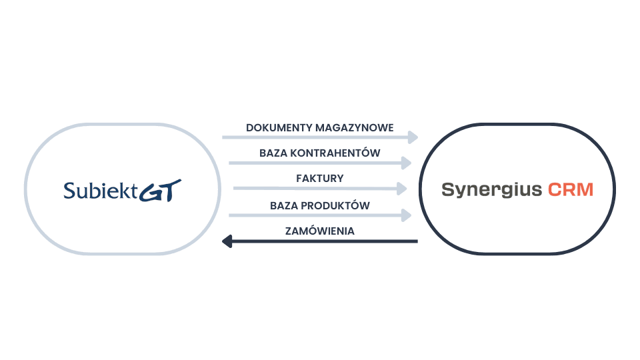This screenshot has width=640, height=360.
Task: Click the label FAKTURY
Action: tap(320, 179)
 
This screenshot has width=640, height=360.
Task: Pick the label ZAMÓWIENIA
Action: tap(320, 231)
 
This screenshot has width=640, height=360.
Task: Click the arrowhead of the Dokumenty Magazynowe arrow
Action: tap(413, 137)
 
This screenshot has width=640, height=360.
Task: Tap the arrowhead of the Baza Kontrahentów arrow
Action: tap(407, 162)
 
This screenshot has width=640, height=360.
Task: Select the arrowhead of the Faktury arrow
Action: tap(402, 189)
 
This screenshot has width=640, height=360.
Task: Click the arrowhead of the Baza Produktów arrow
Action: tap(407, 215)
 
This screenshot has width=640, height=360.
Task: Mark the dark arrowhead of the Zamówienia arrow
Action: tap(227, 241)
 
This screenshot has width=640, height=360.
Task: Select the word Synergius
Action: tap(492, 190)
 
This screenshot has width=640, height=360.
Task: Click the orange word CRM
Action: tap(571, 190)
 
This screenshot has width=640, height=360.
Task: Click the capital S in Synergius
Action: tap(447, 189)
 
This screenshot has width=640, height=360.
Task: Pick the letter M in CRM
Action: tap(585, 190)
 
